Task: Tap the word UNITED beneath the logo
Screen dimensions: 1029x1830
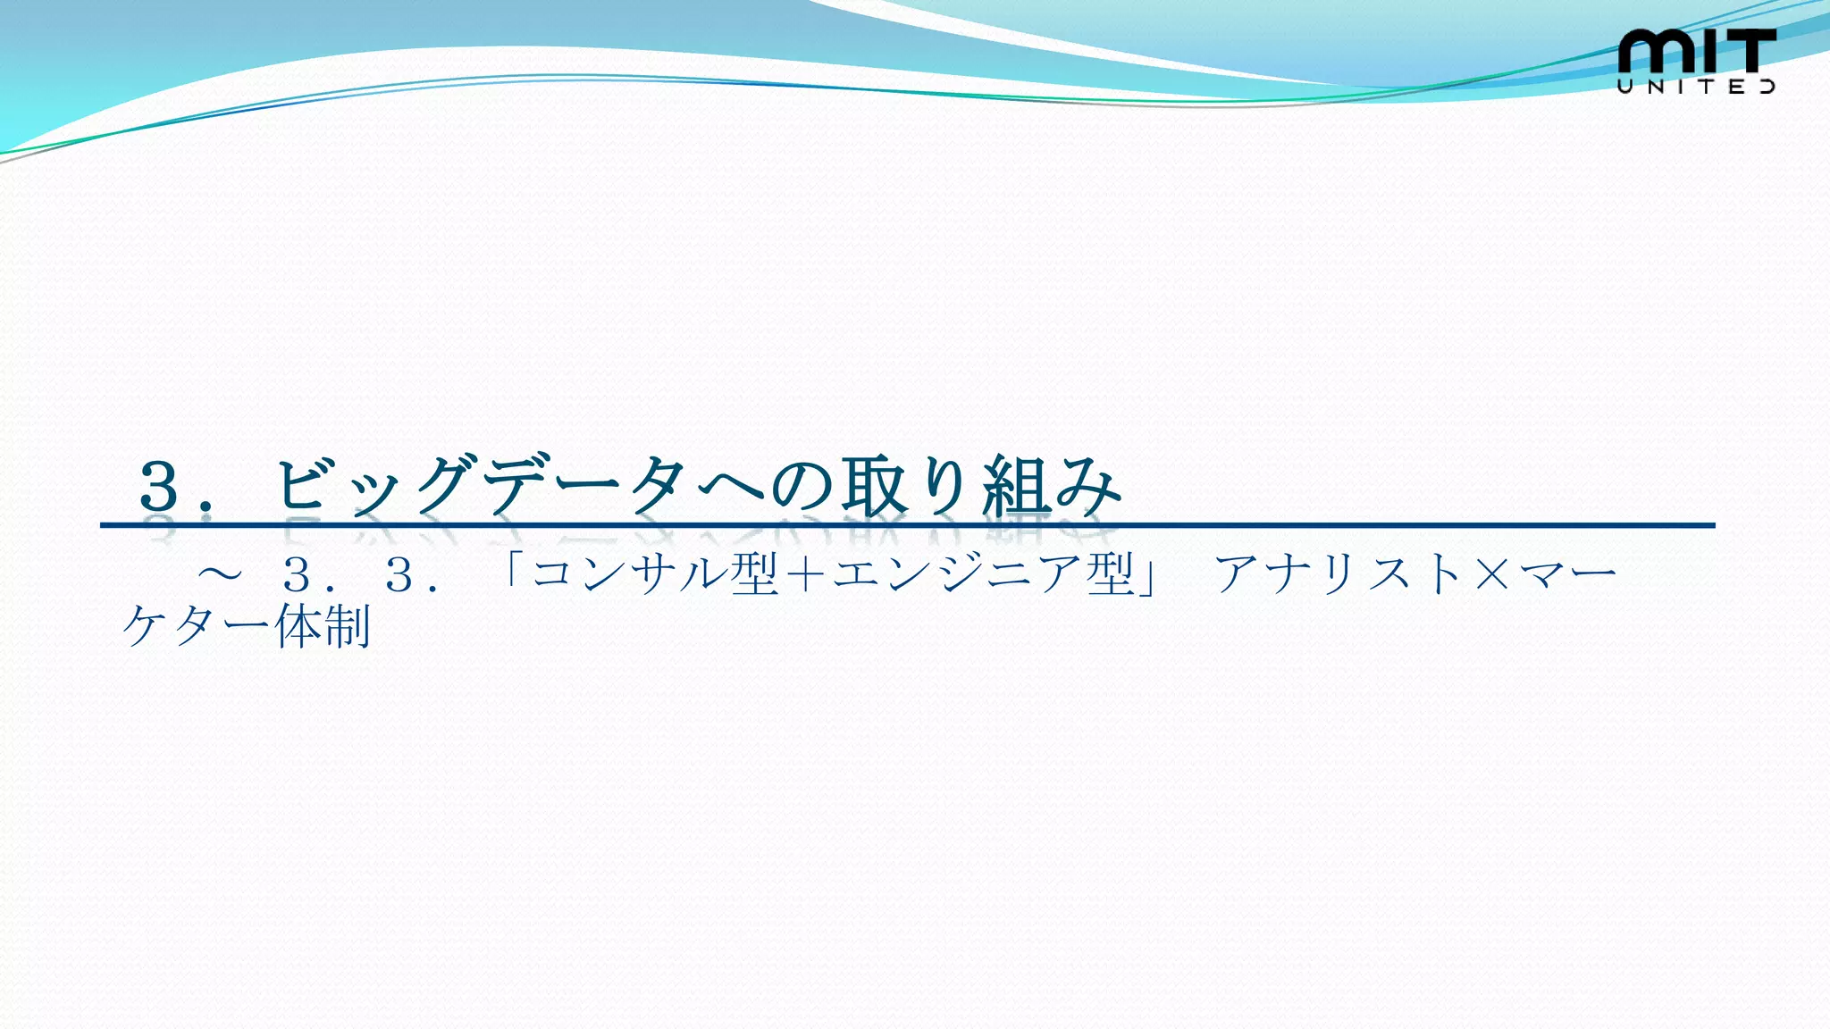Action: point(1696,87)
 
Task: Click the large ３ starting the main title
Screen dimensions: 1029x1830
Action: point(160,487)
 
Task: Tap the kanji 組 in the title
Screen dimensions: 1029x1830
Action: point(1016,487)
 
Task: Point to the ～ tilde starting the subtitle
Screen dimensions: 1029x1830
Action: point(220,573)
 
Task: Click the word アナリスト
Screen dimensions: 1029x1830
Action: point(1339,573)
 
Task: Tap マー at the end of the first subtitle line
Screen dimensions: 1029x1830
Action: point(1567,573)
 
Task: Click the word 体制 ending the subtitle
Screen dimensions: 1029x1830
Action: point(323,626)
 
